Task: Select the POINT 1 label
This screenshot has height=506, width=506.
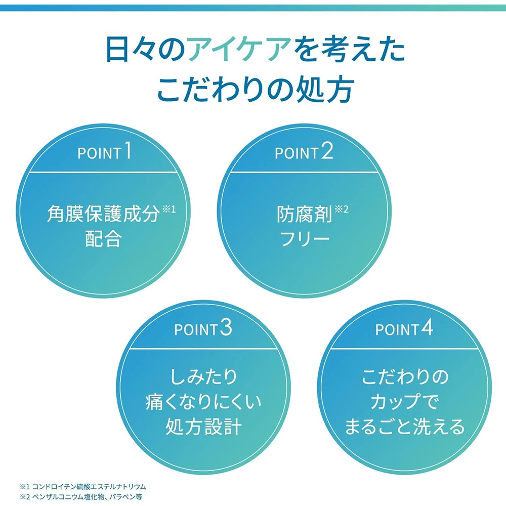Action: pos(105,152)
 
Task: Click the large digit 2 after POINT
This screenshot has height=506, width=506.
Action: pos(327,151)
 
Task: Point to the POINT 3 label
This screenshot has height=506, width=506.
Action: pos(203,329)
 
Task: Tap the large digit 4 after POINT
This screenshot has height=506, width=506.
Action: pos(427,329)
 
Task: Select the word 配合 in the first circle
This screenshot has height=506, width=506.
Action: pos(103,239)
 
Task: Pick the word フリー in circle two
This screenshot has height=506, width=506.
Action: pos(305,239)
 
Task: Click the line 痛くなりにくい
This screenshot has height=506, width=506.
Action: pos(203,402)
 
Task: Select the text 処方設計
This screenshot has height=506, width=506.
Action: pos(203,428)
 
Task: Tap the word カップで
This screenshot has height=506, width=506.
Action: pos(404,402)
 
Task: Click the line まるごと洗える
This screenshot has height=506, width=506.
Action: pos(404,428)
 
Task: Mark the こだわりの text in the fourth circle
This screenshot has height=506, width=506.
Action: pos(404,377)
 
